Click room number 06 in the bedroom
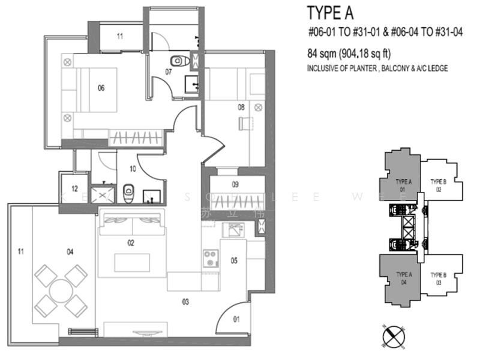coord(101,88)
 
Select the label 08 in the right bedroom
coord(241,107)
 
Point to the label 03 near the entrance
coord(185,302)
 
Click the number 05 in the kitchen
coord(234,260)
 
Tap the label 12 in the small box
coord(74,188)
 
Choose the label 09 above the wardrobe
coord(235,185)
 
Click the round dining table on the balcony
coord(61,291)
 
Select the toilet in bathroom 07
coord(178,61)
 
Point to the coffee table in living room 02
coord(131,262)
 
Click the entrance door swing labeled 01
coord(233,318)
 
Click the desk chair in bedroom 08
coord(244,123)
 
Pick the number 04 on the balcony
coord(70,252)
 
